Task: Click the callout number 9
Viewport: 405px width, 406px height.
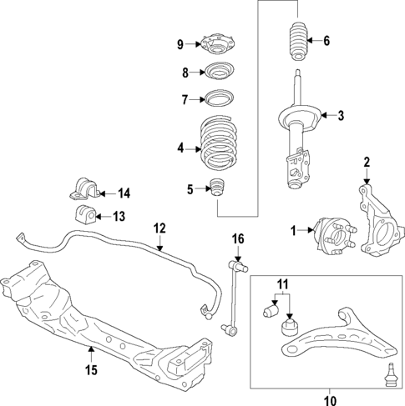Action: (180, 44)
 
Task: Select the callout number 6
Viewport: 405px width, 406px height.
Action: (327, 41)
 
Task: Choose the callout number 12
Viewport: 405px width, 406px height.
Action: (159, 227)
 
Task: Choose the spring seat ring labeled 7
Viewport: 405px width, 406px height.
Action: (219, 100)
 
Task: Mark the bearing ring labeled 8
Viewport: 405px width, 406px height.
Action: (219, 72)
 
